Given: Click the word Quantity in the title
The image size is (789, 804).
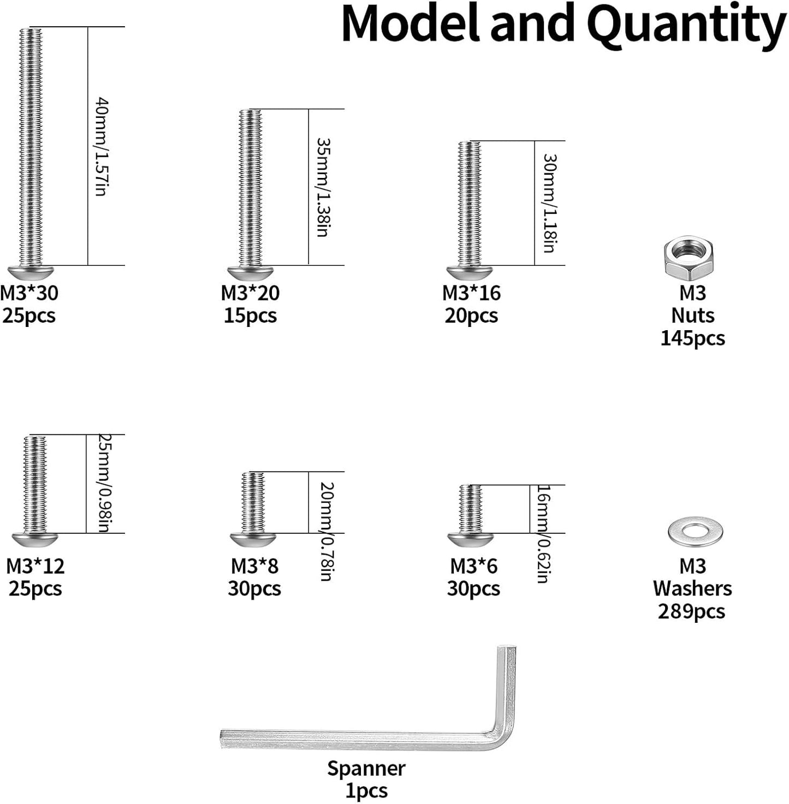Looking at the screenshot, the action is pos(689,26).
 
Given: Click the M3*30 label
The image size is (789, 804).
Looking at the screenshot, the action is pos(29,293).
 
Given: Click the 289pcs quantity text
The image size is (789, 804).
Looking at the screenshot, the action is pos(692,612).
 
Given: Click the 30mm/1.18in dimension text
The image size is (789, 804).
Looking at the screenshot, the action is pos(549,203).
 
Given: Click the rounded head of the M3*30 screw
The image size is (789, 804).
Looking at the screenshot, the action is pos(31,273).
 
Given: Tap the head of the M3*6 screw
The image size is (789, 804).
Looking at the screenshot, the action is pos(471,541).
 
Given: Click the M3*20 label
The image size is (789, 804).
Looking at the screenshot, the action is pos(250,293).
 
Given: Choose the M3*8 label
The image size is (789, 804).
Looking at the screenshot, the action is pos(254,567).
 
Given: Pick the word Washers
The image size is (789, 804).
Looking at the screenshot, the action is pos(692,589).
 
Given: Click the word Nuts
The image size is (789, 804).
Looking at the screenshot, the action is pos(692,315).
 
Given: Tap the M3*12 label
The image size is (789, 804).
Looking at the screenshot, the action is pos(35,567).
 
